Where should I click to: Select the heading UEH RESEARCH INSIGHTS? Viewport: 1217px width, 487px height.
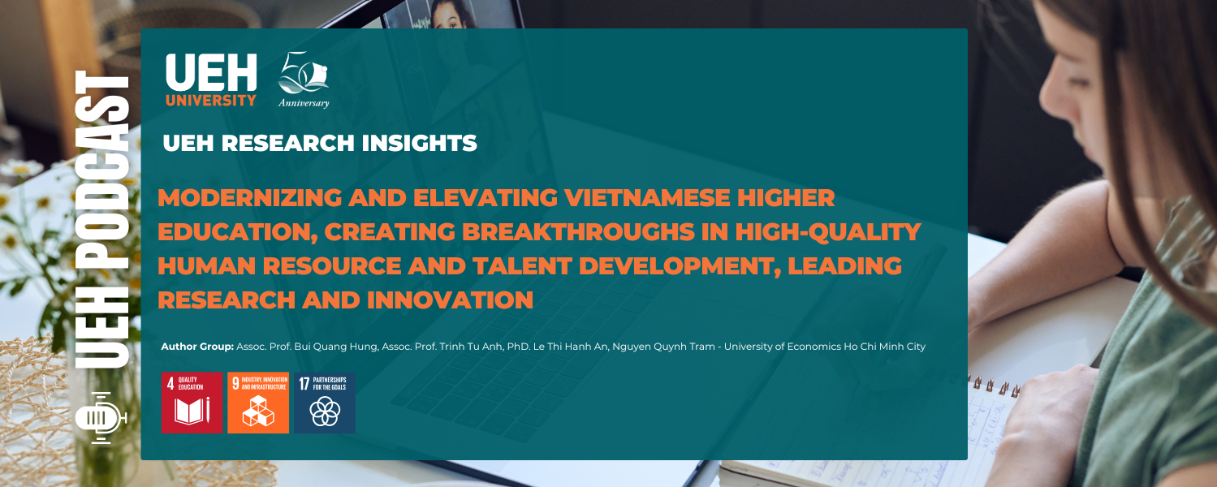pos(319,144)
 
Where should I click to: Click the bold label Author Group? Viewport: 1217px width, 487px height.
pos(197,347)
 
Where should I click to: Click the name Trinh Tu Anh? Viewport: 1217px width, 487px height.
pos(466,347)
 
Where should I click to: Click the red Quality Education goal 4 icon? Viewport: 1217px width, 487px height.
pos(192,403)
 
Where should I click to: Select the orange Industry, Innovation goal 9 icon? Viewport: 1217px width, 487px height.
pos(258,403)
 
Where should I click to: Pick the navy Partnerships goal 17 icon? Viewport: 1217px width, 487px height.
pos(325,403)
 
